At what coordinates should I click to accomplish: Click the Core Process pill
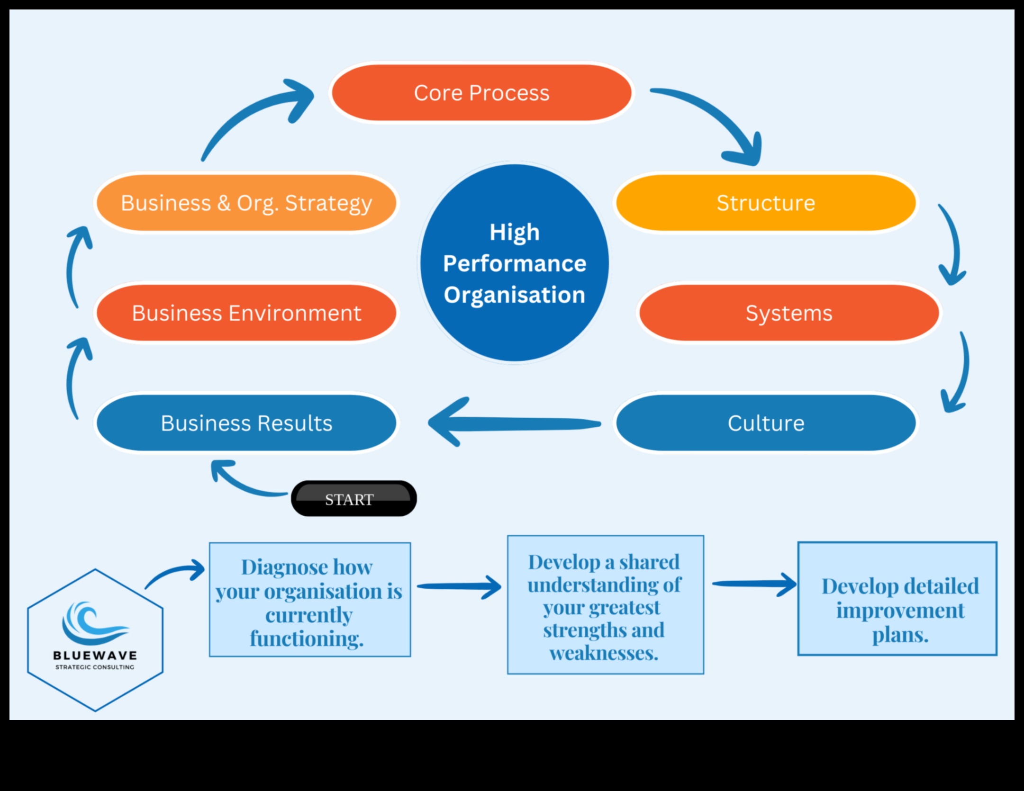[481, 93]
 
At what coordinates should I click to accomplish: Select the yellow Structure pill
[766, 203]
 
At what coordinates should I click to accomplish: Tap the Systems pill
[789, 313]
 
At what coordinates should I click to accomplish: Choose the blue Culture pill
[766, 423]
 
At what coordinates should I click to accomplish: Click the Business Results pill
[246, 423]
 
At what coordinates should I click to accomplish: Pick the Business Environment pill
[246, 313]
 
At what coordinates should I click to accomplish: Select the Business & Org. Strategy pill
[246, 203]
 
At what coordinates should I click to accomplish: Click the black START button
[353, 499]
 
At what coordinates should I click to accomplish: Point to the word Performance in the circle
[515, 263]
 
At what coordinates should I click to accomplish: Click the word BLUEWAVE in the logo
[95, 656]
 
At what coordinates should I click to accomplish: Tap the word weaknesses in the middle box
[604, 653]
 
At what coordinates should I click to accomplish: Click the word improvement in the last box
[900, 610]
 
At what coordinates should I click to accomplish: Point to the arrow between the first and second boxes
[459, 586]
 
